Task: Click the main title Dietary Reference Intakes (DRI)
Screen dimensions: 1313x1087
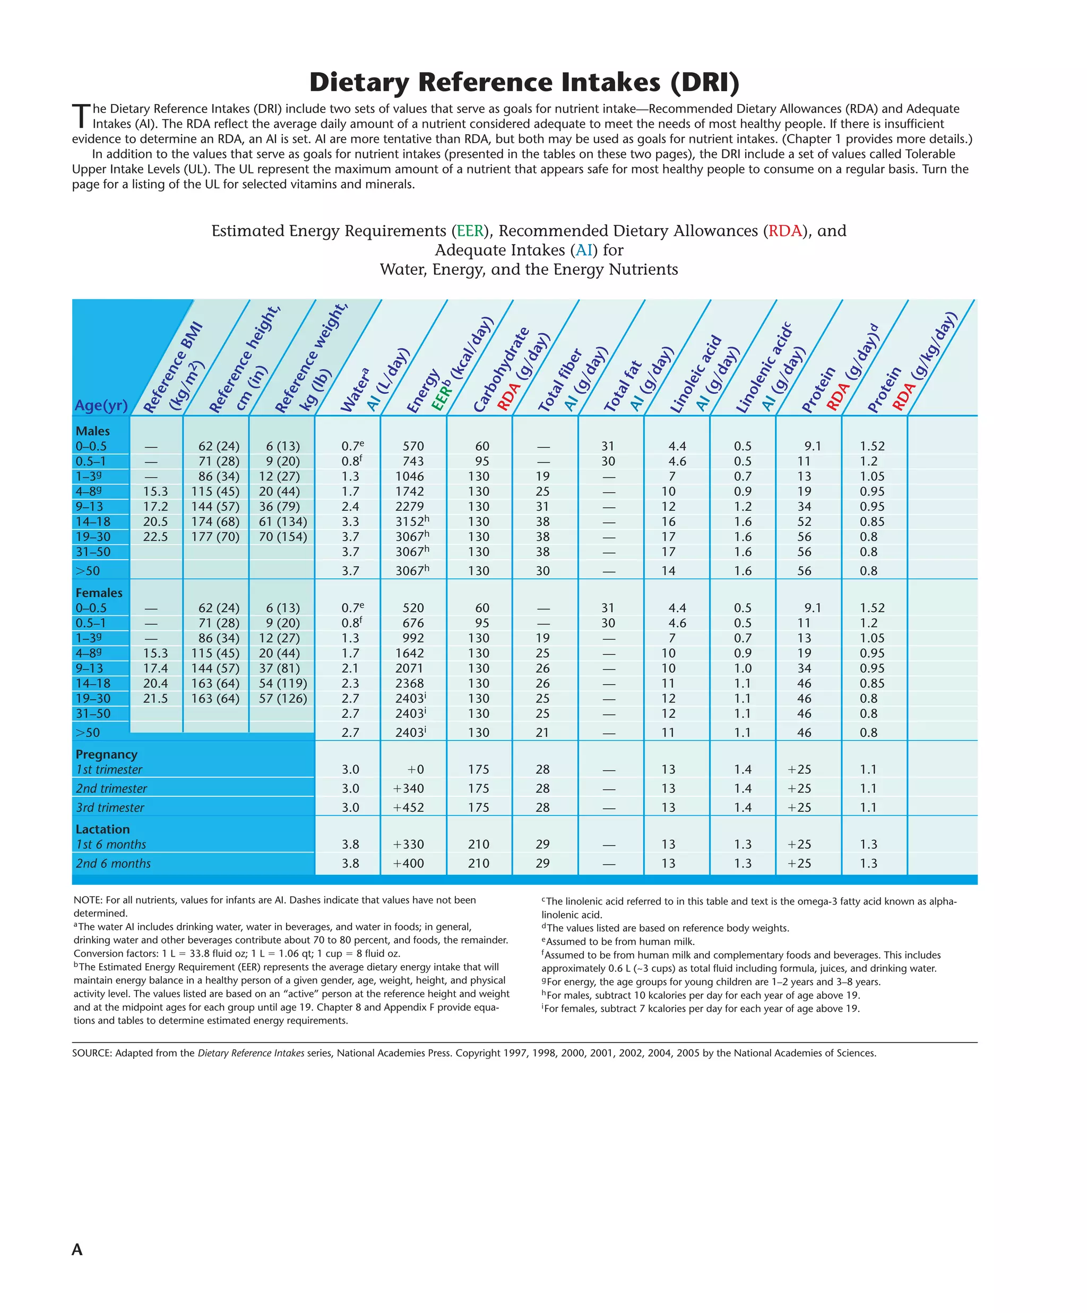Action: click(524, 82)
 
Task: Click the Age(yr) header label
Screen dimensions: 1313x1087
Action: click(101, 405)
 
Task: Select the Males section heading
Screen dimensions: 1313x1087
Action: click(92, 431)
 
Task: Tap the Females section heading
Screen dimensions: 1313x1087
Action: click(99, 593)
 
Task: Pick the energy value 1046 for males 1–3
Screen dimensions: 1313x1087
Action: click(410, 476)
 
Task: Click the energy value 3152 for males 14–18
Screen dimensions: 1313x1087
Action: click(410, 521)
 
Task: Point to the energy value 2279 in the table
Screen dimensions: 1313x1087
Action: click(410, 507)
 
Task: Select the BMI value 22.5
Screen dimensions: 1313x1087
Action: click(155, 536)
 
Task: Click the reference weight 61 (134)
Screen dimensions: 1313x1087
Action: click(283, 521)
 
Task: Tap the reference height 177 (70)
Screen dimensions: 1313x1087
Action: click(215, 536)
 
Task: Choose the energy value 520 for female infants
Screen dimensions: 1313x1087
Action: click(413, 608)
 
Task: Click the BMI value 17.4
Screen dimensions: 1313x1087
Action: click(155, 668)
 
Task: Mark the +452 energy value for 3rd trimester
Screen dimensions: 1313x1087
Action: click(408, 807)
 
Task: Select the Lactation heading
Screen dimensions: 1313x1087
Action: click(102, 829)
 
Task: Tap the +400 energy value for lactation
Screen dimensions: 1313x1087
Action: click(408, 864)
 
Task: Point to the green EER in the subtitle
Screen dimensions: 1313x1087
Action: click(470, 231)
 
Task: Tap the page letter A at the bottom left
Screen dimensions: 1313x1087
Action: click(77, 1249)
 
